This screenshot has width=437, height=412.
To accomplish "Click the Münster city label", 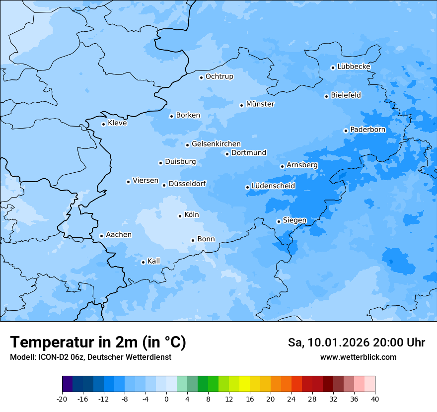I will (x=260, y=104).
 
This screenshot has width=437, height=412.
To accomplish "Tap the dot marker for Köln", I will (x=180, y=216).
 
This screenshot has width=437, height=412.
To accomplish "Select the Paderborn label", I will (x=368, y=130).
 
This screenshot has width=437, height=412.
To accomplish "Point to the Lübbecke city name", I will (x=354, y=67).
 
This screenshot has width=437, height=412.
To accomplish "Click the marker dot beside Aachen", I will (x=101, y=236).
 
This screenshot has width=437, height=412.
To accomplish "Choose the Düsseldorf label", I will (x=187, y=184).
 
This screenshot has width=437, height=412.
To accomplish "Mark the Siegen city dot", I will (x=279, y=221).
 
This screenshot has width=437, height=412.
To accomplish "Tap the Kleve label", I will (x=117, y=123).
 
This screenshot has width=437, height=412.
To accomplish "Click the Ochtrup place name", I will (x=219, y=76).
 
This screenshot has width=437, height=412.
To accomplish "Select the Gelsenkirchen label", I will (x=216, y=144).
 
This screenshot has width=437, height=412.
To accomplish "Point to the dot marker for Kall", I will (x=143, y=262).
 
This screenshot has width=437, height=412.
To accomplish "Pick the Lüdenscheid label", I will (x=273, y=186).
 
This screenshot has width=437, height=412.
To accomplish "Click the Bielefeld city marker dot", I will (x=326, y=96).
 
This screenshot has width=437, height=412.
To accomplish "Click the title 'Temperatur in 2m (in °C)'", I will (x=98, y=343).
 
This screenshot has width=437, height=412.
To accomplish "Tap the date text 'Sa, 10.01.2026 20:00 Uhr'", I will (x=357, y=343).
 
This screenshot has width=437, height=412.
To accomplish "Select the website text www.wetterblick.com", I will (x=358, y=357).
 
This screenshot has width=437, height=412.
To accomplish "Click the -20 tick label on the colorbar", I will (x=62, y=399).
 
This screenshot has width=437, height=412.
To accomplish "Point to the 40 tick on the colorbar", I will (x=375, y=399).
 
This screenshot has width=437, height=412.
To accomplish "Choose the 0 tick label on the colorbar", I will (x=166, y=399).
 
